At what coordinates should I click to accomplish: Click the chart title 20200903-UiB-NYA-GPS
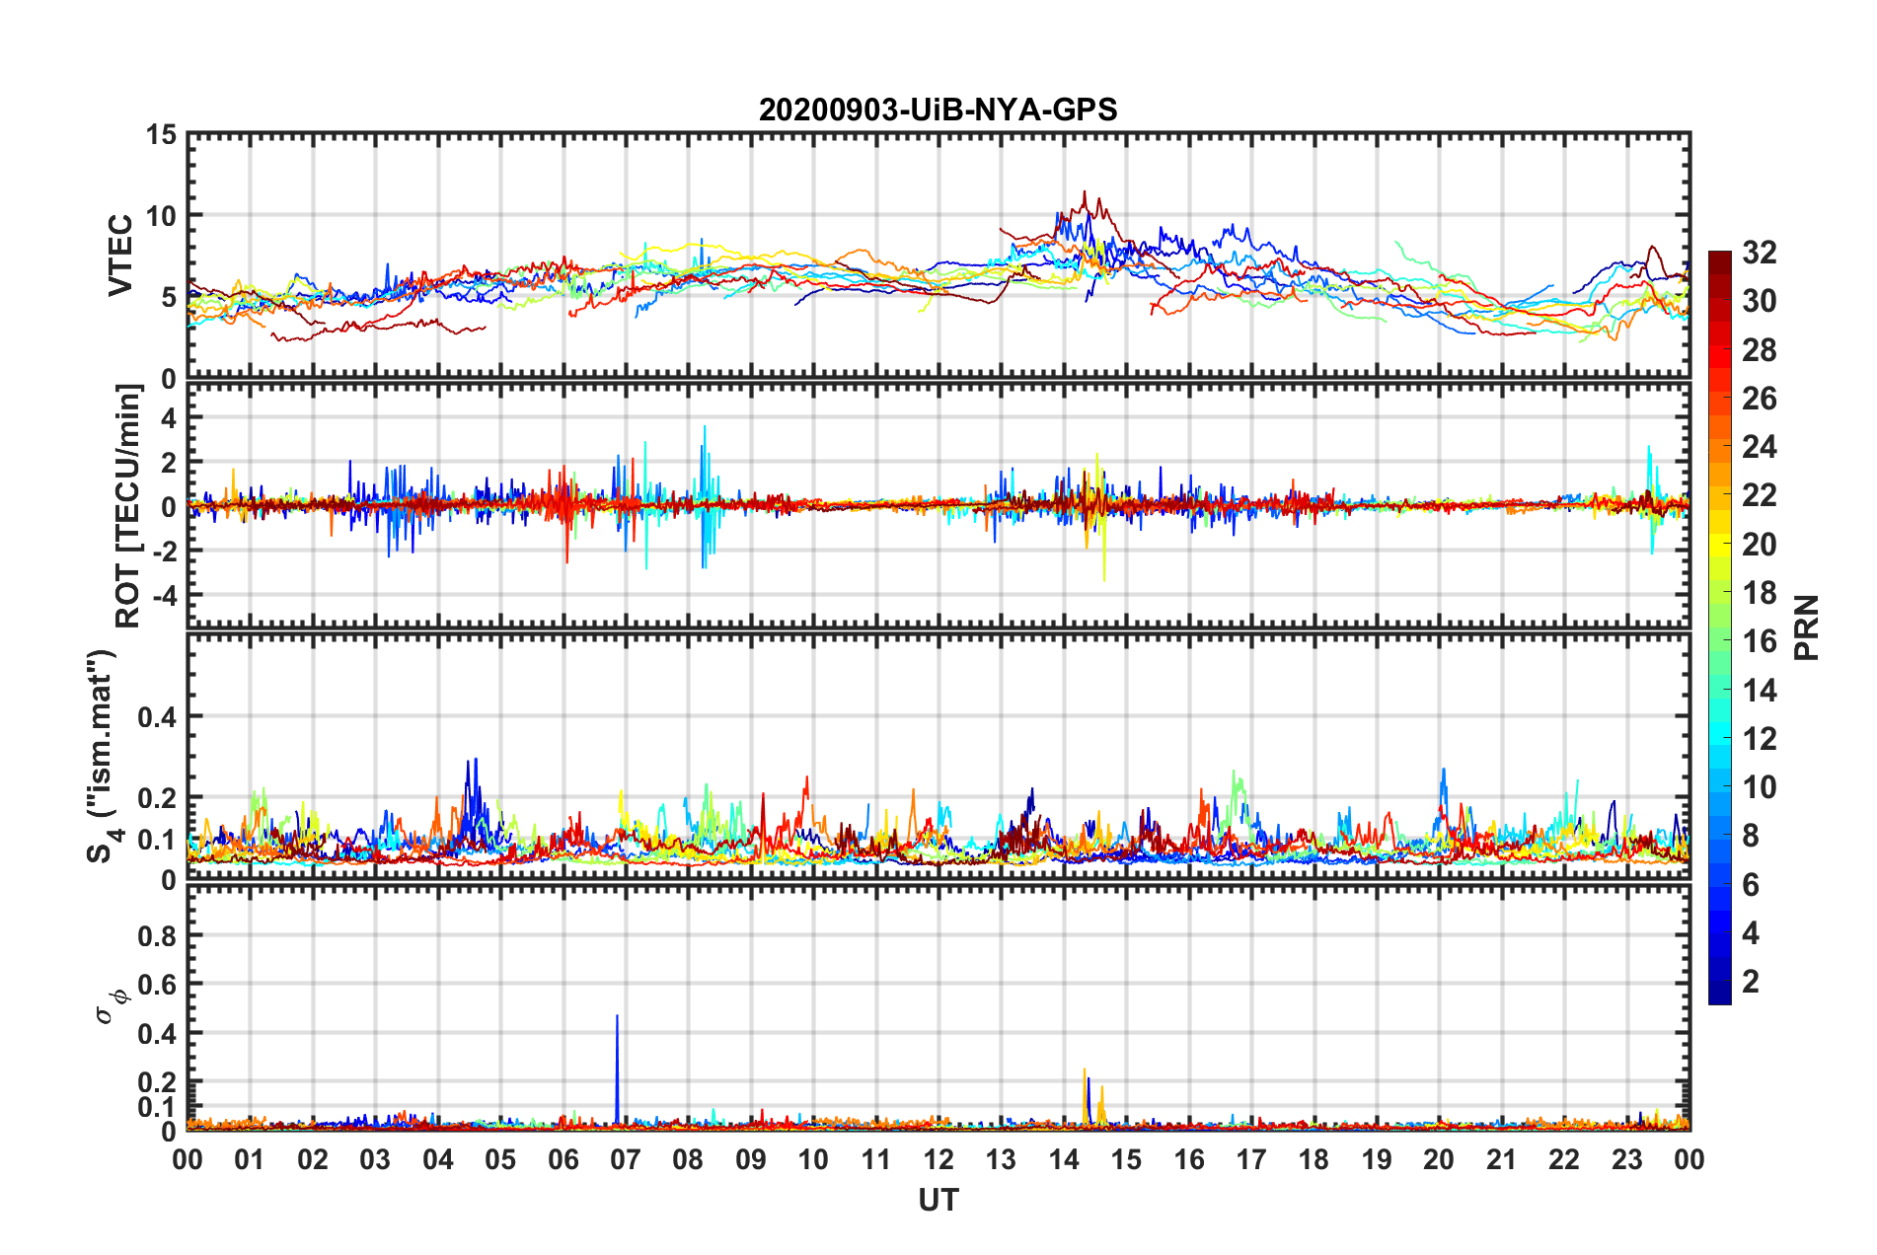[938, 110]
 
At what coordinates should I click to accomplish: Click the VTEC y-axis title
[120, 256]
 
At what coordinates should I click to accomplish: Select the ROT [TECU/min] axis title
[128, 506]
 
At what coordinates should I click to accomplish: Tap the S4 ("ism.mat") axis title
[102, 756]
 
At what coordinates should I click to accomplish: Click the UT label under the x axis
[938, 1200]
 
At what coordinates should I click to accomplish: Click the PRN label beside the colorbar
[1806, 627]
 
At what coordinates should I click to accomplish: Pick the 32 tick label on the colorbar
[1759, 253]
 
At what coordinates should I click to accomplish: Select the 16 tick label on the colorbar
[1759, 641]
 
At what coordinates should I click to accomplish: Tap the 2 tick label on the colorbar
[1751, 981]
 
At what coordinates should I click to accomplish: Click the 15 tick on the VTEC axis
[161, 135]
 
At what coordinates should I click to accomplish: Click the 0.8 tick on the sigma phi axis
[157, 935]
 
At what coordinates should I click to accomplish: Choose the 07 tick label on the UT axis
[626, 1159]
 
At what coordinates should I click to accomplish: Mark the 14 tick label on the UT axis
[1063, 1159]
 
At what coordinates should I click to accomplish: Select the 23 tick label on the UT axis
[1626, 1159]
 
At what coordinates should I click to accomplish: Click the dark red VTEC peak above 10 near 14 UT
[1085, 194]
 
